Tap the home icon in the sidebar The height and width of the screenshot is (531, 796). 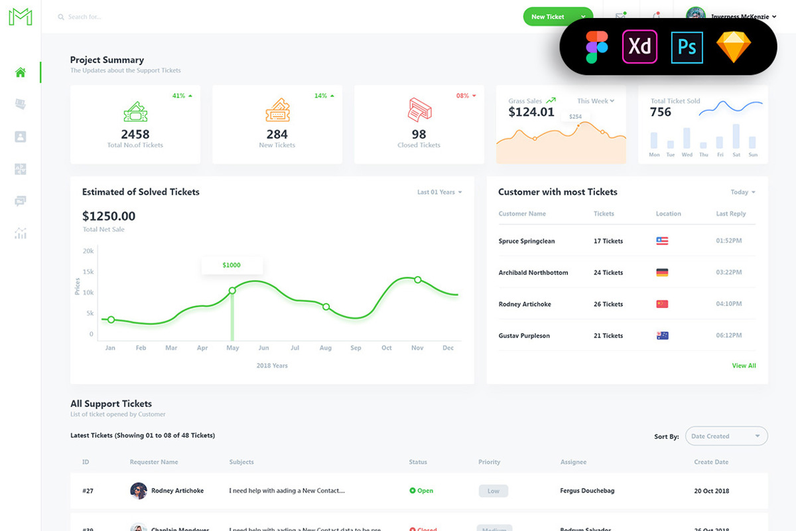pyautogui.click(x=21, y=72)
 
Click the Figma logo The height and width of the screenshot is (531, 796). pyautogui.click(x=597, y=46)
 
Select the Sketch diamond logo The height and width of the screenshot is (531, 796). pyautogui.click(x=734, y=47)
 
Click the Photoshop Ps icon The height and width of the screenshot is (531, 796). pyautogui.click(x=687, y=47)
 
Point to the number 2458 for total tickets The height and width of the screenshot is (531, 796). pyautogui.click(x=135, y=134)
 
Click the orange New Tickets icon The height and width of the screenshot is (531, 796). pyautogui.click(x=277, y=110)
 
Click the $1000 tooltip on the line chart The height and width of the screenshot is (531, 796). pyautogui.click(x=232, y=265)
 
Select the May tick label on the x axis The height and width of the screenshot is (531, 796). pyautogui.click(x=232, y=348)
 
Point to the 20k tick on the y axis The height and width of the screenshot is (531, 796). pyautogui.click(x=88, y=251)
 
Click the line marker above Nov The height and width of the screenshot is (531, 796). pyautogui.click(x=418, y=279)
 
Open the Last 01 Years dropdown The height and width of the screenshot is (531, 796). pyautogui.click(x=439, y=192)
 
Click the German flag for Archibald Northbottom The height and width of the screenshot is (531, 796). pyautogui.click(x=662, y=273)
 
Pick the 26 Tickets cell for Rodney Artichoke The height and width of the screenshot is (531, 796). pyautogui.click(x=608, y=304)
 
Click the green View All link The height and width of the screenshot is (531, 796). pyautogui.click(x=744, y=366)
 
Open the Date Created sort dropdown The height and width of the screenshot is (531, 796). pyautogui.click(x=726, y=436)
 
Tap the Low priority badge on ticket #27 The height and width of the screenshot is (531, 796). pyautogui.click(x=494, y=491)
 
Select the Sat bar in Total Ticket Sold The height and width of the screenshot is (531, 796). pyautogui.click(x=736, y=136)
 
